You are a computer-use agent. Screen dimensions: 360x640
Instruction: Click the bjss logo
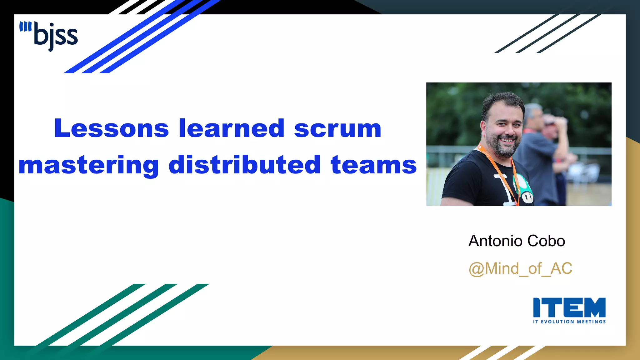tap(50, 36)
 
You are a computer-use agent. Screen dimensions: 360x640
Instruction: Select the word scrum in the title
tap(337, 128)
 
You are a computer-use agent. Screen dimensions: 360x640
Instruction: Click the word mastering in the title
tap(89, 165)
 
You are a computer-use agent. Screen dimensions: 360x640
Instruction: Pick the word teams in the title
tap(373, 165)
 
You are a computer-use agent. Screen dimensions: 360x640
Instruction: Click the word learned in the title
tap(231, 128)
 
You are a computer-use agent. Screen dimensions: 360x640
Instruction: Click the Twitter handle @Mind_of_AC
tap(520, 269)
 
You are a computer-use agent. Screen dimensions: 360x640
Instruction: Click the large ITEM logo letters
tap(569, 307)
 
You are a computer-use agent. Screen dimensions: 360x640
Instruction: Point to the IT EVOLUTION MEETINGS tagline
tap(569, 322)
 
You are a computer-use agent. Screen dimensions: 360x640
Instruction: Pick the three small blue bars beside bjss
tap(25, 27)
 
